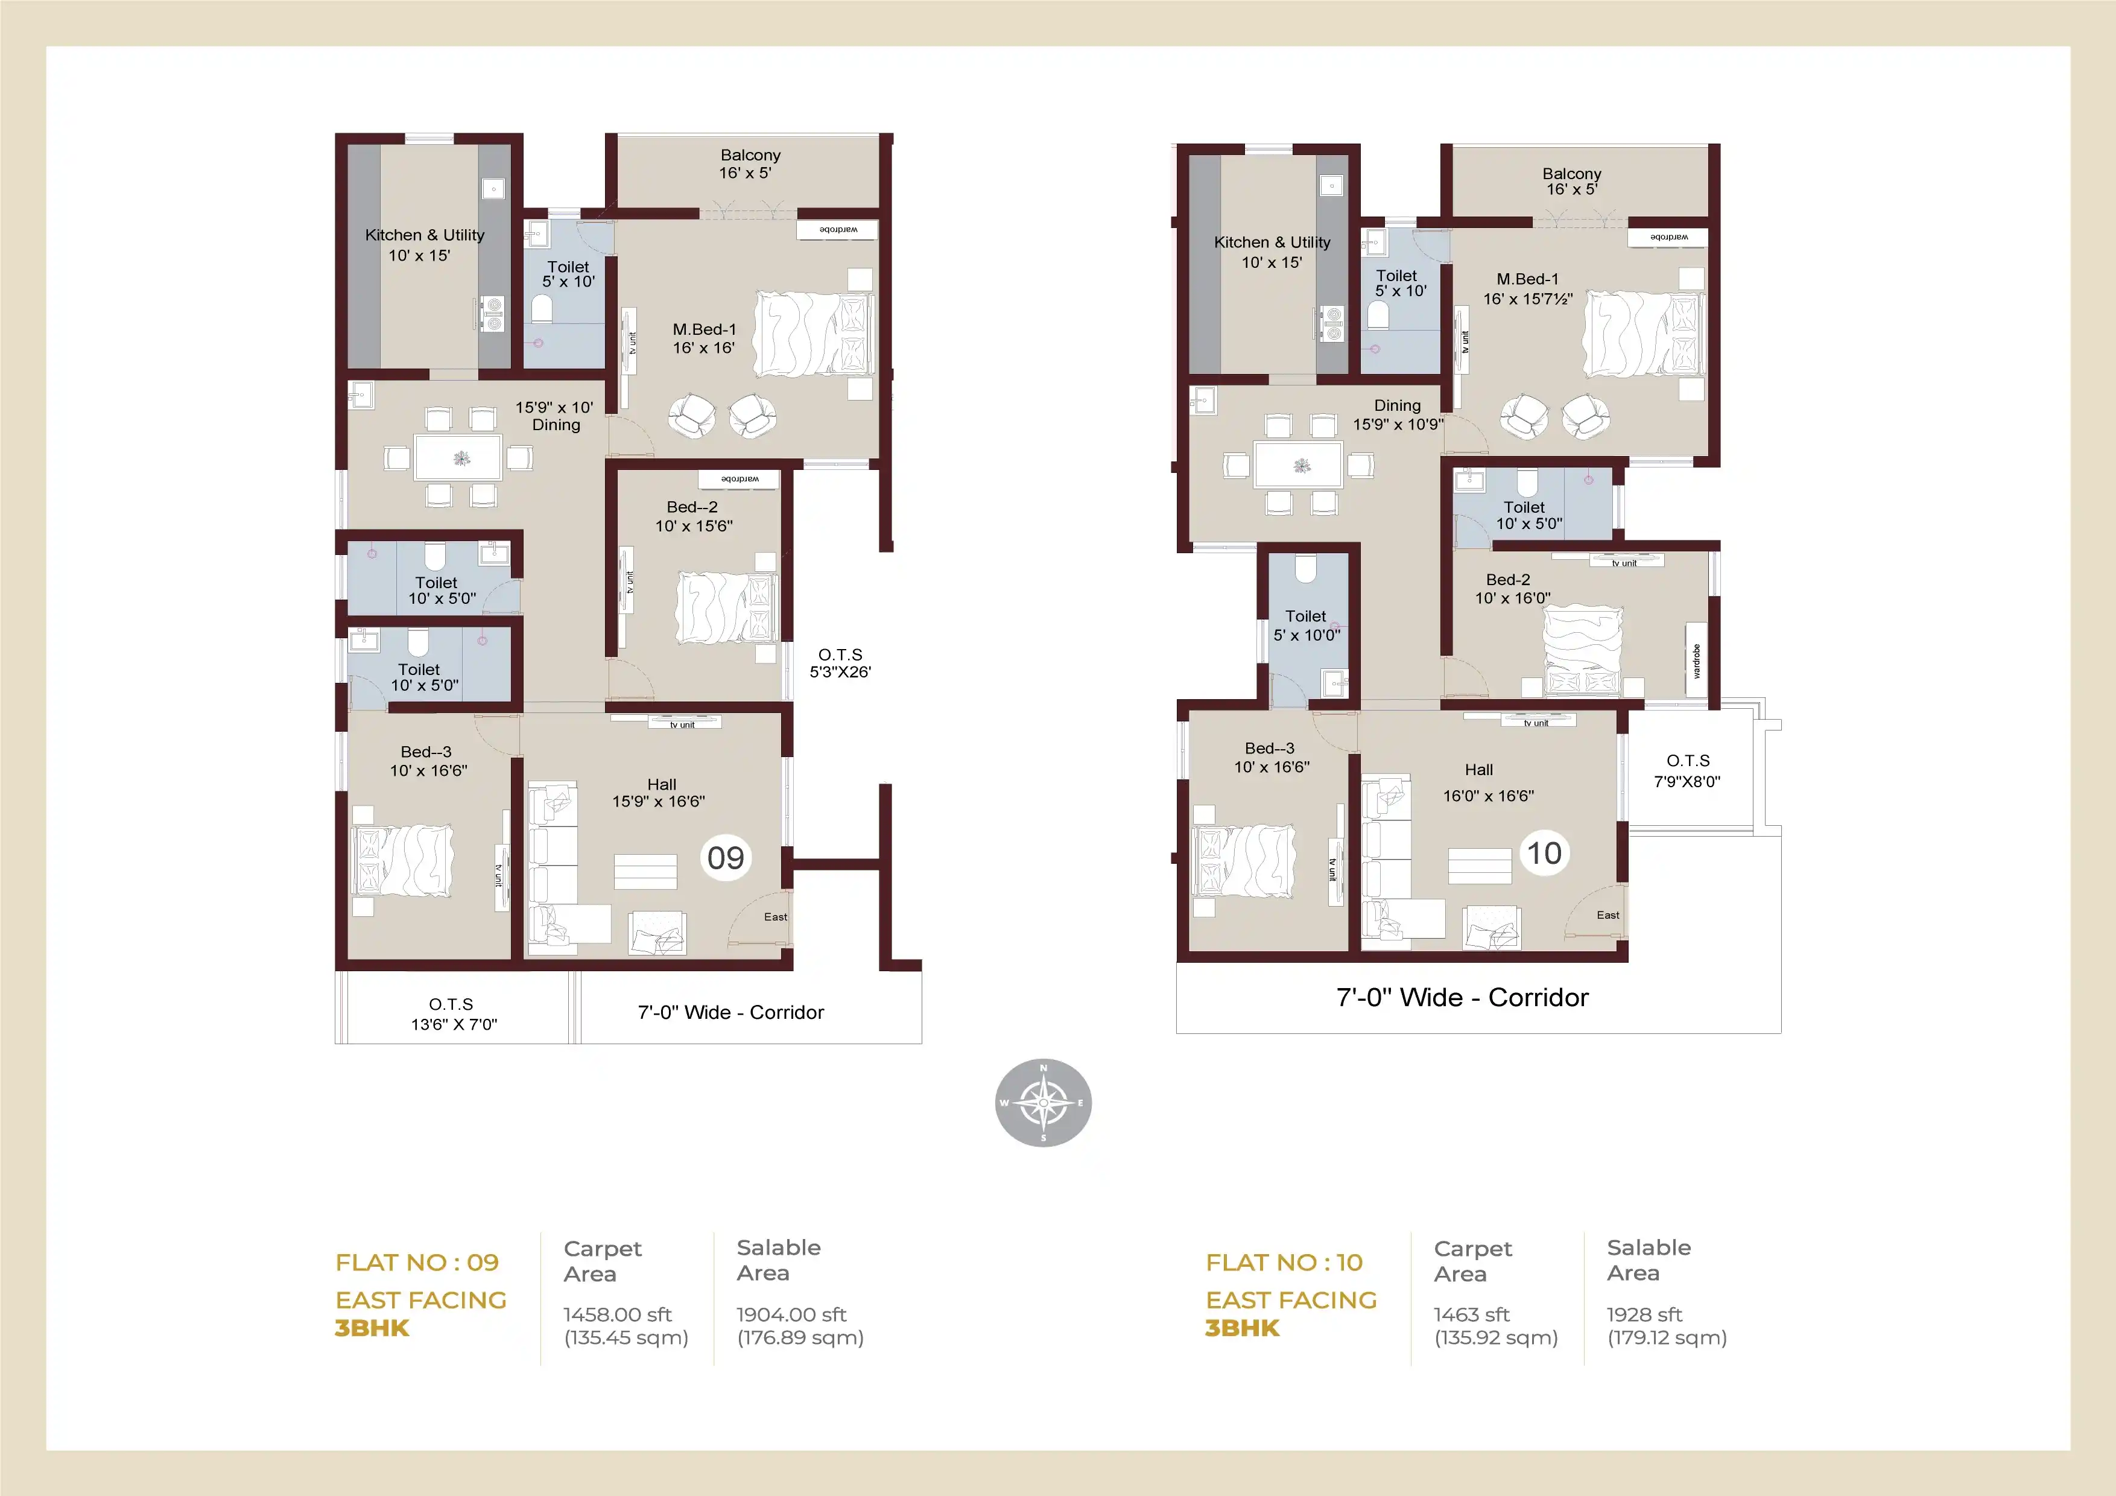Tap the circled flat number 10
coord(1545,852)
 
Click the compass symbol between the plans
coord(1044,1103)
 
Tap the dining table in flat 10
coord(1297,464)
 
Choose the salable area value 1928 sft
coord(1644,1314)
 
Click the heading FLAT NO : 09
coord(417,1262)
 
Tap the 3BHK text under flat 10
coord(1243,1328)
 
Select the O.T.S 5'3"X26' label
coord(840,664)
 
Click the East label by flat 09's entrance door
coord(775,917)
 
